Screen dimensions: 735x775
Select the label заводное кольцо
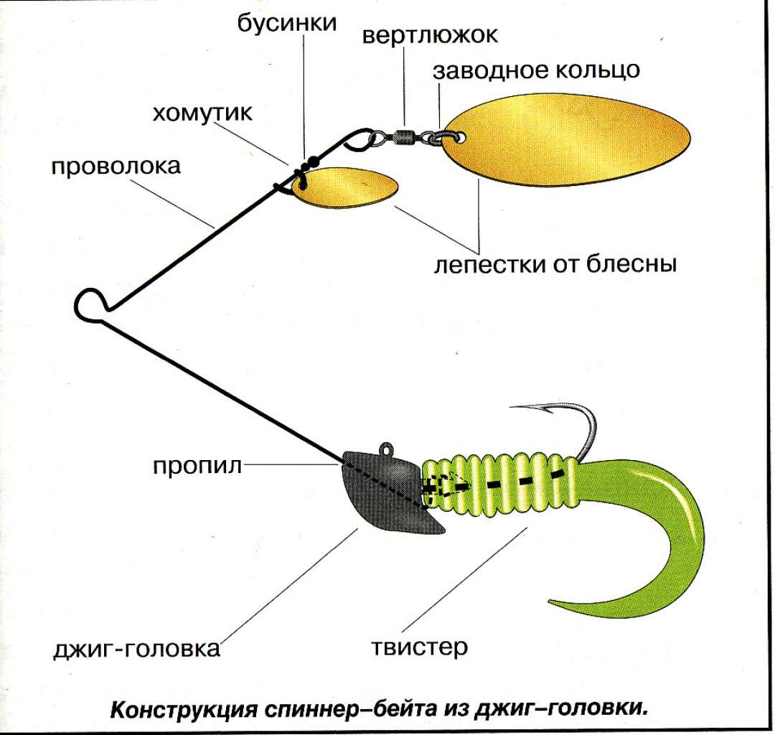(x=536, y=71)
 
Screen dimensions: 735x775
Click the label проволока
(x=116, y=167)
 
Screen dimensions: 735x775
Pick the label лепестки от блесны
(x=555, y=263)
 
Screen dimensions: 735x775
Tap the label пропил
(x=197, y=466)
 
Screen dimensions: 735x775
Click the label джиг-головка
(x=136, y=650)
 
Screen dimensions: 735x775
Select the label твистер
(x=420, y=647)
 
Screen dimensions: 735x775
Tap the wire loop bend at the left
(x=89, y=304)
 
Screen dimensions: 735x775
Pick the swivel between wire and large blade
(x=405, y=135)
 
